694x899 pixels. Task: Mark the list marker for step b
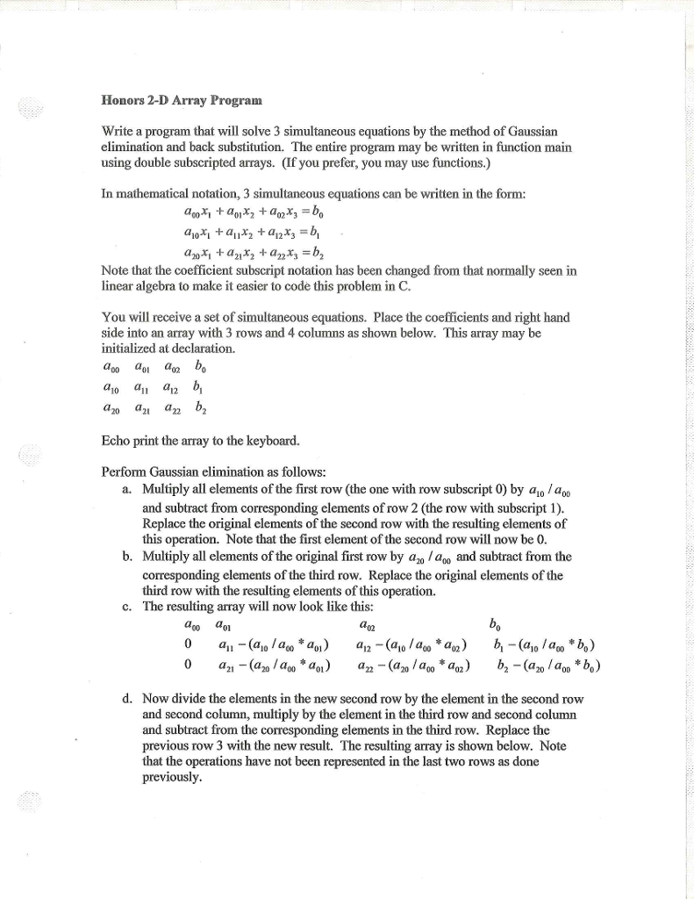129,556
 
